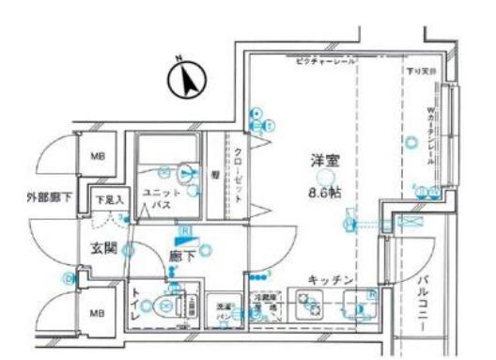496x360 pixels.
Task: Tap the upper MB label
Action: click(97, 157)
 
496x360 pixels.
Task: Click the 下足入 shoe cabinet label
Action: click(110, 199)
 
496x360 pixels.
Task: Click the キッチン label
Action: click(329, 279)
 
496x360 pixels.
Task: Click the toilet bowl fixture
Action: click(169, 305)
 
